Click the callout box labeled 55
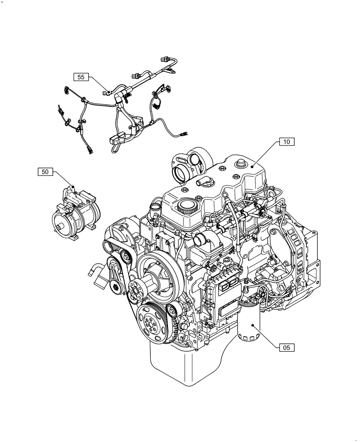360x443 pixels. pos(81,77)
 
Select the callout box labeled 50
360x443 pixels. pos(45,172)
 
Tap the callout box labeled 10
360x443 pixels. pos(287,142)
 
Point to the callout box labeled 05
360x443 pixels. pos(287,348)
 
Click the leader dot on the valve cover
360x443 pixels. pos(251,166)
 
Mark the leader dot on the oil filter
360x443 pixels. pos(253,326)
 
